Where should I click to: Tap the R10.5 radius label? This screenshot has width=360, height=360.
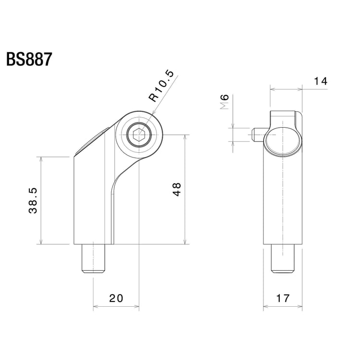[162, 86]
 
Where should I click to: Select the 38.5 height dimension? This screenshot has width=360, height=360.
[33, 201]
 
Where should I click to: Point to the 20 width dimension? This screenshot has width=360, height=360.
[116, 298]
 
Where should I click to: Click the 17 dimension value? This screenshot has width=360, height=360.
[283, 298]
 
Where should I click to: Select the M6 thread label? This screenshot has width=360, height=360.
[224, 103]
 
